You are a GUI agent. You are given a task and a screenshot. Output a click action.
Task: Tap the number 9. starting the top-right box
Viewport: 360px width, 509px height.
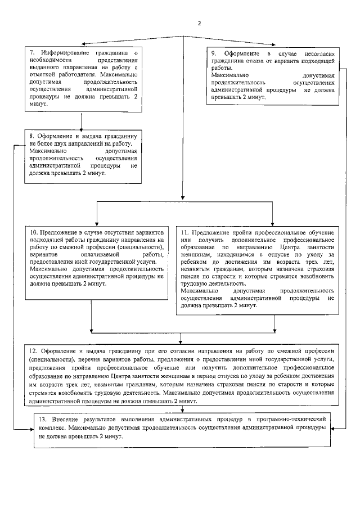click(x=214, y=52)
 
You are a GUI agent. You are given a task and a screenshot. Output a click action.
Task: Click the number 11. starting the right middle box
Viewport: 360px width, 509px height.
click(x=184, y=232)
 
